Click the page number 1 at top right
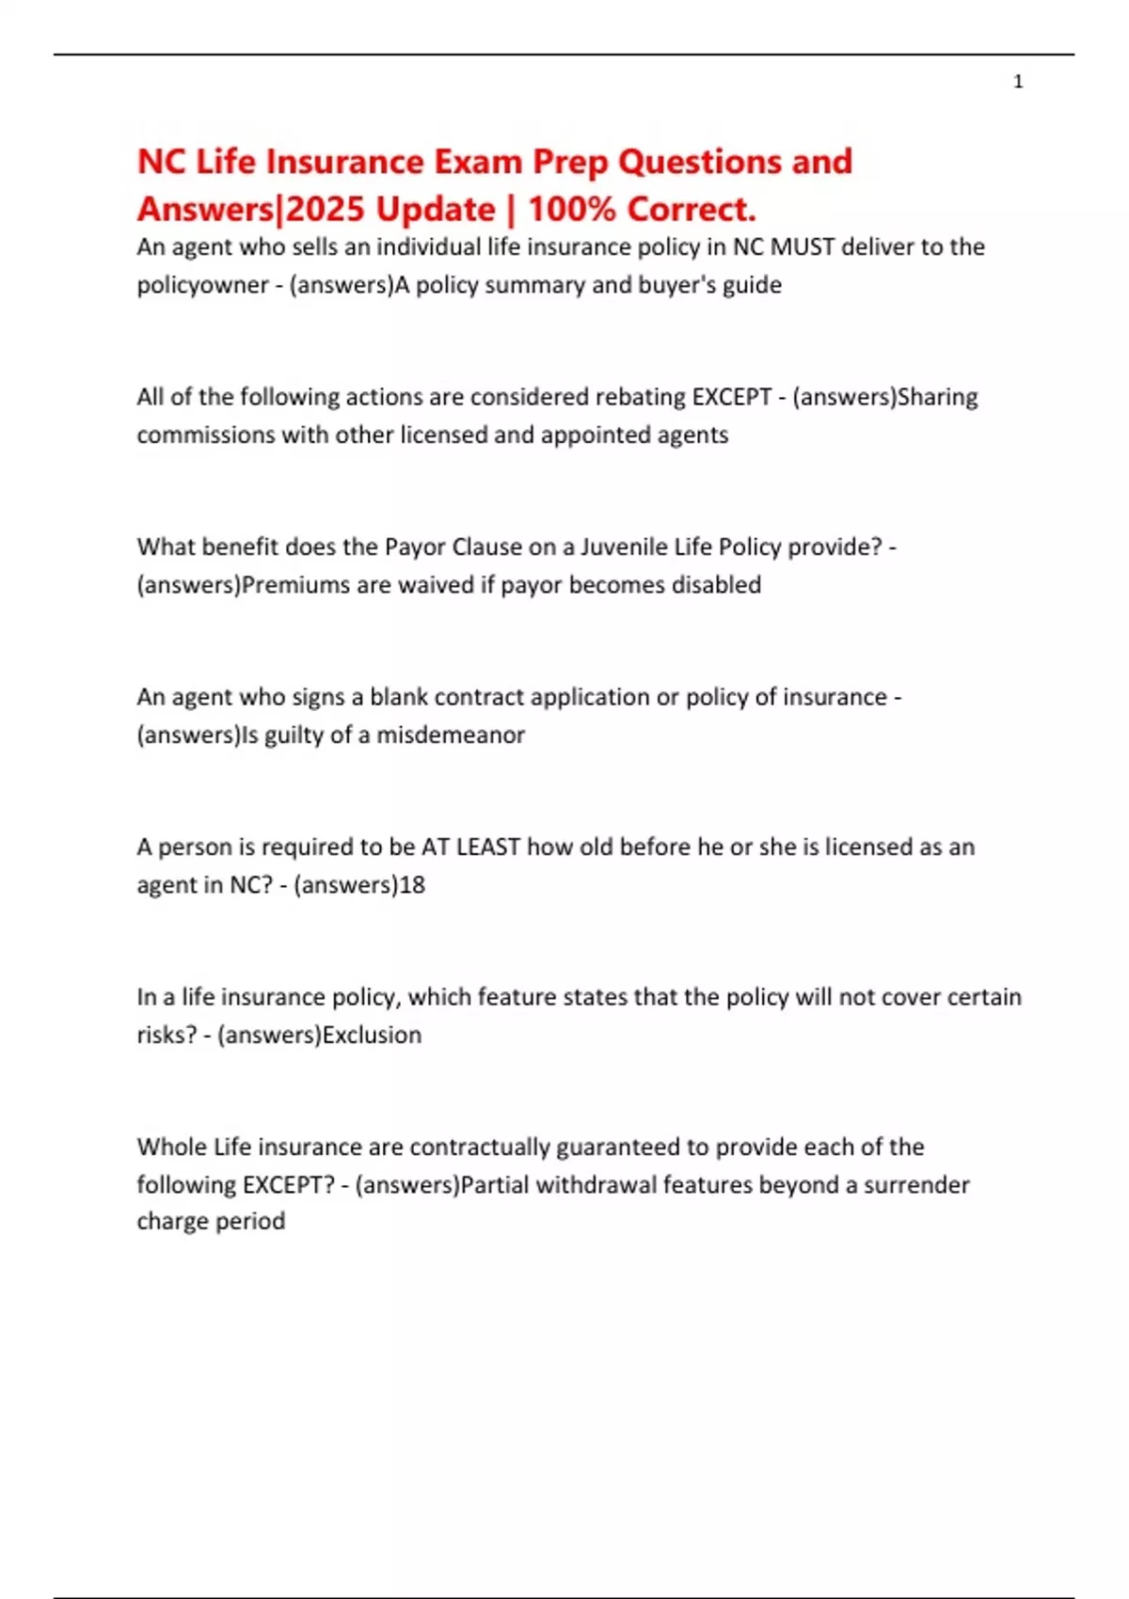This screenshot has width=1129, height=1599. tap(1018, 82)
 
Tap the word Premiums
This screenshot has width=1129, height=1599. tap(295, 585)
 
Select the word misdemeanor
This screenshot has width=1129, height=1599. tap(451, 735)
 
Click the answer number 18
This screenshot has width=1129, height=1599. tap(412, 885)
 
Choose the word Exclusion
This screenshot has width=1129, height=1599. tap(372, 1035)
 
